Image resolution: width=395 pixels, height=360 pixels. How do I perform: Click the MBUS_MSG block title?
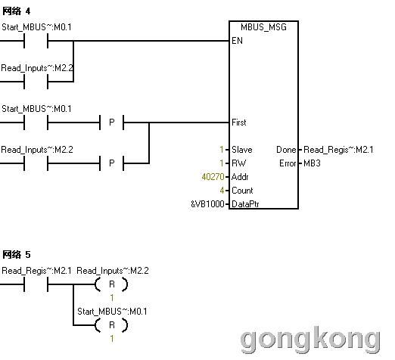point(263,27)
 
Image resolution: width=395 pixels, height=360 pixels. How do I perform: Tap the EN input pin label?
point(237,41)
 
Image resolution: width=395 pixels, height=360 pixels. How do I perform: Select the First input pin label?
point(239,123)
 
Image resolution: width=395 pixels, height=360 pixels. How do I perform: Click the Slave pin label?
point(242,150)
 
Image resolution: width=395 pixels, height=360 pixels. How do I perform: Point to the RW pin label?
point(238,163)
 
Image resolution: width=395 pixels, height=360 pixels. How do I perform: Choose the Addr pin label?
point(240,177)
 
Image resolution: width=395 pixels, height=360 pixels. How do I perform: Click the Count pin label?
point(242,191)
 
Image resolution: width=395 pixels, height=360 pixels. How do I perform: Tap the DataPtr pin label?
point(245,204)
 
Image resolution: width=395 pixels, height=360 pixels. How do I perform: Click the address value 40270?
point(213,177)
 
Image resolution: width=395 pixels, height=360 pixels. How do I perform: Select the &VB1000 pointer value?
point(207,204)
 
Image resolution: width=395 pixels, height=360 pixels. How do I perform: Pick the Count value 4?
point(222,191)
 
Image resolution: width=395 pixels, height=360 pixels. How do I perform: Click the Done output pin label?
point(286,150)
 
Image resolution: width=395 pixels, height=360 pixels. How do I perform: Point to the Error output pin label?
point(288,163)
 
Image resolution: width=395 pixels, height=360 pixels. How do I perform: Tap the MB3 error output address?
point(312,163)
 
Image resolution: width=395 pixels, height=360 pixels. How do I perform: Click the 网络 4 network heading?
point(17,11)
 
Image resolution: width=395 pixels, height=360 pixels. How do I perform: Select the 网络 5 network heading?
point(17,255)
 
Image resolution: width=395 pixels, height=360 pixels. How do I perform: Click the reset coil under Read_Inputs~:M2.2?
point(111,284)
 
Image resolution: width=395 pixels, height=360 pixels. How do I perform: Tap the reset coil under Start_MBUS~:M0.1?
point(111,325)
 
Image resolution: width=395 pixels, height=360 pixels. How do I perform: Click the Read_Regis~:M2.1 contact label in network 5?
point(36,271)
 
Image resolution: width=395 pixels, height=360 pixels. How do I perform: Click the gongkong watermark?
point(310,340)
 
